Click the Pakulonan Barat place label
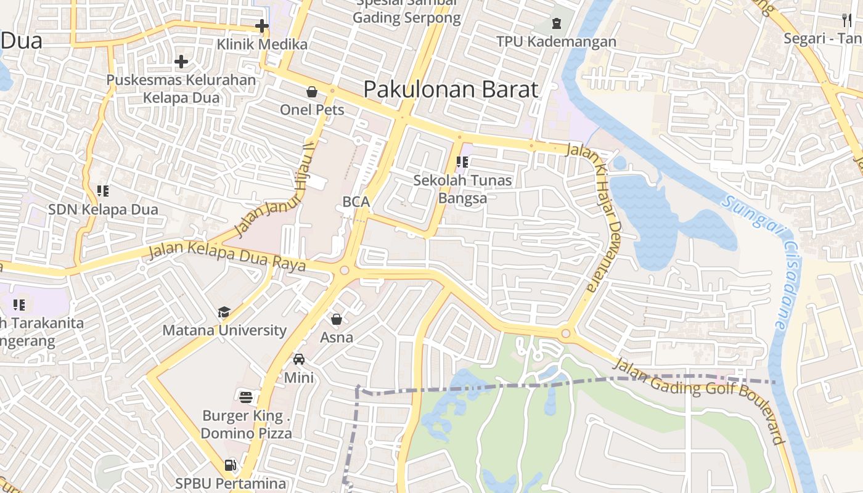tap(451, 89)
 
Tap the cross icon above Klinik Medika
tap(262, 26)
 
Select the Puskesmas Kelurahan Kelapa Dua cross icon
tap(181, 61)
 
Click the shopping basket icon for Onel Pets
tap(312, 92)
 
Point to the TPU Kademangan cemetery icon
tap(557, 23)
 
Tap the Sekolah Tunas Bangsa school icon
tap(462, 162)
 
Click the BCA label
tap(356, 202)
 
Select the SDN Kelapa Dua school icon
tap(103, 191)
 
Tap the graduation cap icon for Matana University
tap(224, 312)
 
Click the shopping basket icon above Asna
tap(337, 319)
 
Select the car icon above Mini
tap(299, 359)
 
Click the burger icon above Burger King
tap(246, 397)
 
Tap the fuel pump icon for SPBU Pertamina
tap(231, 465)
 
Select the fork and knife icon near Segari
tap(848, 20)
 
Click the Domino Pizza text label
tap(247, 433)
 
